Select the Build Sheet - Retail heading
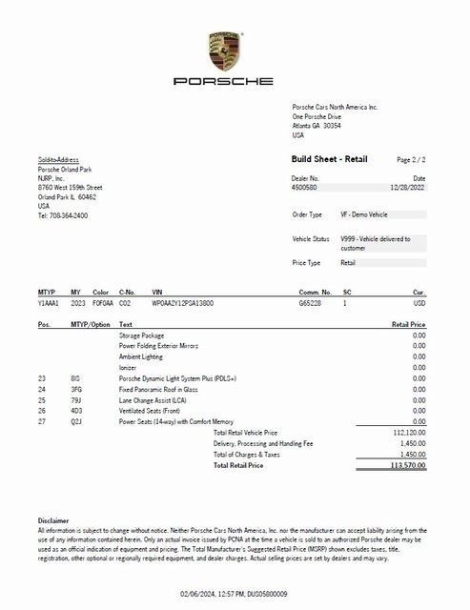click(329, 159)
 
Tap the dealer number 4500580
click(305, 188)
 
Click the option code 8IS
click(75, 378)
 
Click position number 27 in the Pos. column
click(42, 421)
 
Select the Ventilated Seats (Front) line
click(153, 411)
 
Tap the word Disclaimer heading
click(53, 521)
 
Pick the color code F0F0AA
click(103, 302)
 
